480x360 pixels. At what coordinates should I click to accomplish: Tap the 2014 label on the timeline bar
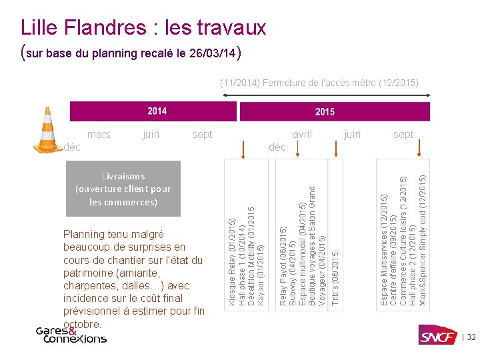coord(157,111)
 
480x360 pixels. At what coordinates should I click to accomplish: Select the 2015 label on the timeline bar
coord(325,111)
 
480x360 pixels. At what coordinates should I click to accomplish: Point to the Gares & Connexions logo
coord(71,335)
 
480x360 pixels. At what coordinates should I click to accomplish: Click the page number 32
coord(471,337)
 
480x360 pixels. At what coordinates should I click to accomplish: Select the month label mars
coord(99,135)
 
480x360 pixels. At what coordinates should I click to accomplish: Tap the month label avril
coord(302,135)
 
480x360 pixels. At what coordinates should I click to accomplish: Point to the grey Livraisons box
coord(123,188)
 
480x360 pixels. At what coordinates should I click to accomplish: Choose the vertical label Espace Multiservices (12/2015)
coord(383,242)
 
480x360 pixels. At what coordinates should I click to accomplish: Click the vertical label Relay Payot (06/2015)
coord(283,257)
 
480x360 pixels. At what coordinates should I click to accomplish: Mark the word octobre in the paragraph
coord(83,324)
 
